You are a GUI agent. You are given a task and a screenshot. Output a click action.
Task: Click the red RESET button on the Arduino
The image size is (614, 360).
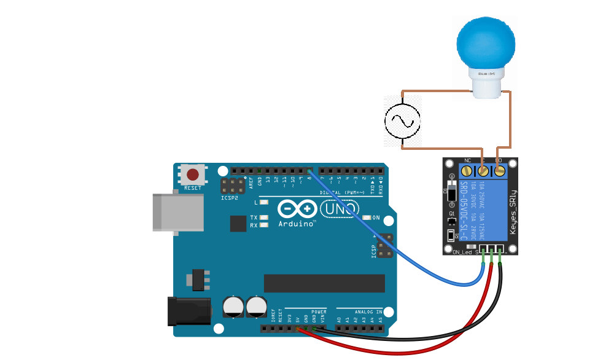193,174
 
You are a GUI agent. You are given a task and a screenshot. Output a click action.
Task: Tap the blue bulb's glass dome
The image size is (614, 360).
486,43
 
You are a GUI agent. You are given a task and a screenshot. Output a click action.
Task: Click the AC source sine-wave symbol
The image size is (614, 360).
402,120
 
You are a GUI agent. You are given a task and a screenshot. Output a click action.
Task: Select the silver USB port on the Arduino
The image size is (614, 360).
177,213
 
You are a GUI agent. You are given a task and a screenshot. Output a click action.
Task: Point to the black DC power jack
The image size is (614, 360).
190,311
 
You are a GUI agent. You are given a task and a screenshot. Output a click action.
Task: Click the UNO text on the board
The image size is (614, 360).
340,209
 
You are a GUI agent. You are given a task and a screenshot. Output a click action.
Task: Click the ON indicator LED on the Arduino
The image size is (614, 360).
367,217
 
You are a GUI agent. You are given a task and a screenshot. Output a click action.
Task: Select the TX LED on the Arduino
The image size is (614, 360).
264,217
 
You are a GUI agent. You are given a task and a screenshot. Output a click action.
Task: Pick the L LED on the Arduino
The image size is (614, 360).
264,202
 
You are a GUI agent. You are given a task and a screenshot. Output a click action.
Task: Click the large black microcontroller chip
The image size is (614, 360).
324,283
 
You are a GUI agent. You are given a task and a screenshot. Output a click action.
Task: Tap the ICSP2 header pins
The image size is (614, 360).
234,186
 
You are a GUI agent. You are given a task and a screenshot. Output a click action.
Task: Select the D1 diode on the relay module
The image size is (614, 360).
452,193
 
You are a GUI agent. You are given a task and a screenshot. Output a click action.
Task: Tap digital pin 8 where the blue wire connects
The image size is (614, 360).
309,170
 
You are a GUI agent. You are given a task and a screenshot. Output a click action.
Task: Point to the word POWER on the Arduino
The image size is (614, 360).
319,311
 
